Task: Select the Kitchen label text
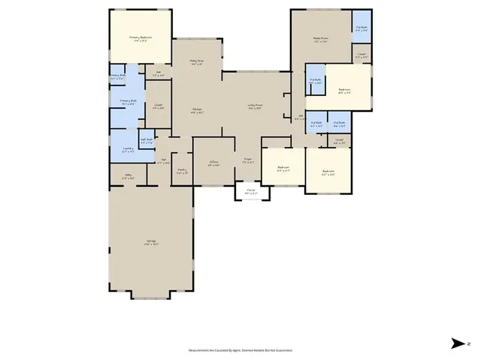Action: (197, 111)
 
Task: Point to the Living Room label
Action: (255, 106)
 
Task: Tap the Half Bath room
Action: (147, 140)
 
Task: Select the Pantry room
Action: (181, 172)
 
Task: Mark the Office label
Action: (213, 163)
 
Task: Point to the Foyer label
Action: (247, 160)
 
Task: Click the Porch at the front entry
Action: (251, 192)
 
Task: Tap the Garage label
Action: (151, 242)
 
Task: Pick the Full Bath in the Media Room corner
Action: (362, 29)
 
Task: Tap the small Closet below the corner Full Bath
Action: (362, 55)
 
